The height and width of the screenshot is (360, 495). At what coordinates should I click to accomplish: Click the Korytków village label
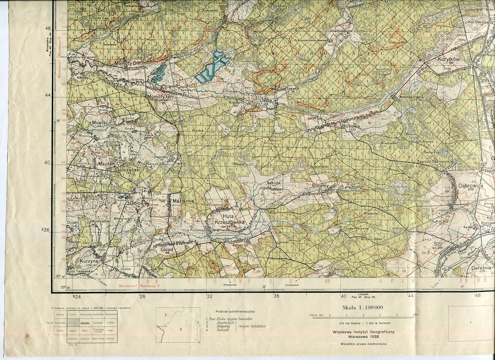(x=449, y=59)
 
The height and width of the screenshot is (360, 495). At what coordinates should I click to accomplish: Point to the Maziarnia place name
(x=183, y=200)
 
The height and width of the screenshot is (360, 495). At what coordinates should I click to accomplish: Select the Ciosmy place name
(x=320, y=186)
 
